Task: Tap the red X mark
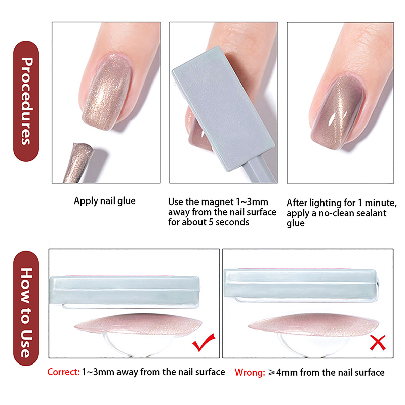point(378,343)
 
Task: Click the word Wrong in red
point(250,373)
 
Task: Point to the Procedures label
point(26,101)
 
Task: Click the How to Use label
point(26,308)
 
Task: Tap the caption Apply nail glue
point(105,201)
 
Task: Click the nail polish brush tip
point(79,163)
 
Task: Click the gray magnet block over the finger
point(223,108)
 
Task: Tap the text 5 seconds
point(229,222)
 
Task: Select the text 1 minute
point(377,203)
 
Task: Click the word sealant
point(371,213)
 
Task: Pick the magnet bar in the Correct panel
point(125,291)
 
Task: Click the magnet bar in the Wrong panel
point(301,285)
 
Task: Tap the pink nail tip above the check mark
point(138,325)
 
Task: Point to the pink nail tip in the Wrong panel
point(313,325)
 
